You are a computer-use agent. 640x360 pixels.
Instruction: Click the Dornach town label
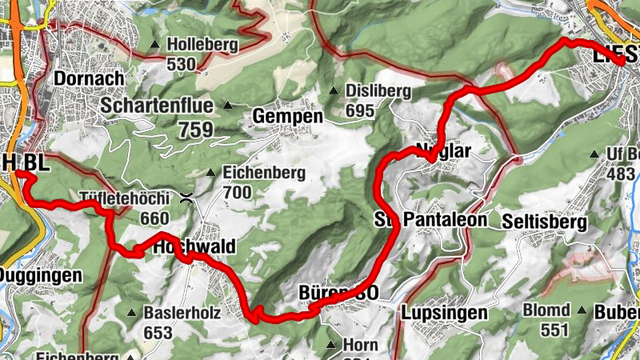[89, 78]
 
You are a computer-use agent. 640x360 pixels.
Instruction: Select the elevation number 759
[196, 128]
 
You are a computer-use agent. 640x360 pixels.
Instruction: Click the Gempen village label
[287, 117]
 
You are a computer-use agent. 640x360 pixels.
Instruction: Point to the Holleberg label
[202, 45]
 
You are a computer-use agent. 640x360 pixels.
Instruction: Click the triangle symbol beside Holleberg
[154, 45]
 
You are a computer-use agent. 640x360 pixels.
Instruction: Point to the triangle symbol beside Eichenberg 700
[210, 173]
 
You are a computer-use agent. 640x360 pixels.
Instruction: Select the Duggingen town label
[40, 275]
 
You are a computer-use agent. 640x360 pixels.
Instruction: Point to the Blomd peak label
[547, 310]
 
